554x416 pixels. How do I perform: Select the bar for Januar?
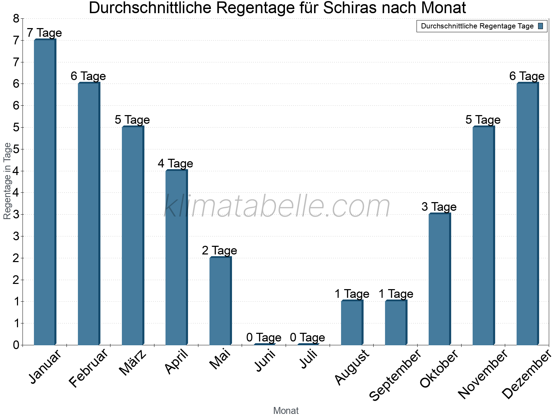pyautogui.click(x=45, y=192)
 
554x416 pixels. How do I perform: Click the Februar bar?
pyautogui.click(x=89, y=214)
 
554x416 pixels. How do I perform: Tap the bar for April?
pyautogui.click(x=176, y=258)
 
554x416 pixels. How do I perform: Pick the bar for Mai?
pyautogui.click(x=220, y=301)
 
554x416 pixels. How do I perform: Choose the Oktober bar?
pyautogui.click(x=439, y=279)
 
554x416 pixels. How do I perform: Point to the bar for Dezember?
pyautogui.click(x=527, y=214)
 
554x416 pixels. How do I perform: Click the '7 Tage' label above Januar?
pyautogui.click(x=44, y=33)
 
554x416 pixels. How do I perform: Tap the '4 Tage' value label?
pyautogui.click(x=176, y=163)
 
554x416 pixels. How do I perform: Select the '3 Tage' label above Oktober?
pyautogui.click(x=439, y=207)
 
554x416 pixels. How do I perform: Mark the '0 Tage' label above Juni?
pyautogui.click(x=264, y=337)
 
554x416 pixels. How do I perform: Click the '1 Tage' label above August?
pyautogui.click(x=352, y=294)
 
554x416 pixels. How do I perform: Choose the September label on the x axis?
pyautogui.click(x=395, y=375)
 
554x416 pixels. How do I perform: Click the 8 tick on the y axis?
pyautogui.click(x=16, y=19)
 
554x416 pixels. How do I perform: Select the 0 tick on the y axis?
pyautogui.click(x=16, y=345)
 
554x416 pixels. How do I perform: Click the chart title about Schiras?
pyautogui.click(x=277, y=8)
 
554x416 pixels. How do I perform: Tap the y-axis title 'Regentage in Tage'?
pyautogui.click(x=7, y=181)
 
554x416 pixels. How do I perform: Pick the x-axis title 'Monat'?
pyautogui.click(x=286, y=411)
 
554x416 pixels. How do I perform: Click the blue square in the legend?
pyautogui.click(x=541, y=26)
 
